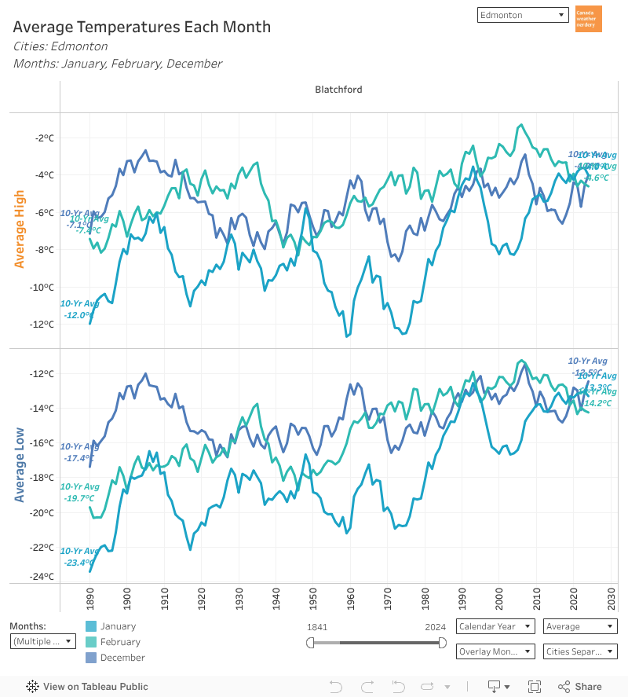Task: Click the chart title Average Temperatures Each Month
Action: coord(142,27)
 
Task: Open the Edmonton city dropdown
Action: coord(522,15)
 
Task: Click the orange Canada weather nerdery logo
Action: coord(589,19)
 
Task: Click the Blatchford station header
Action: coord(338,90)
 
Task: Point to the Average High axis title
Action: coord(20,229)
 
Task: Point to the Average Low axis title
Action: coord(20,465)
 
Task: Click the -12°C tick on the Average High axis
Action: coord(44,324)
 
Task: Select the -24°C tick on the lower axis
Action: coord(44,576)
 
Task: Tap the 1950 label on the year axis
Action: coord(312,598)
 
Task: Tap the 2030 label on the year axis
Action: coord(611,598)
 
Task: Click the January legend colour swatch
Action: coord(91,626)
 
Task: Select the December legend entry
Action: coord(122,658)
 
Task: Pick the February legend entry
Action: coord(120,642)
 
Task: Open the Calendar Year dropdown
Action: coord(495,626)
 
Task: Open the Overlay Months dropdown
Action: coord(495,651)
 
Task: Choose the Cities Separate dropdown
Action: coord(580,651)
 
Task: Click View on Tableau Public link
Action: coord(87,687)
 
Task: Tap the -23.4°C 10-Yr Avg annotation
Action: coord(79,562)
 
